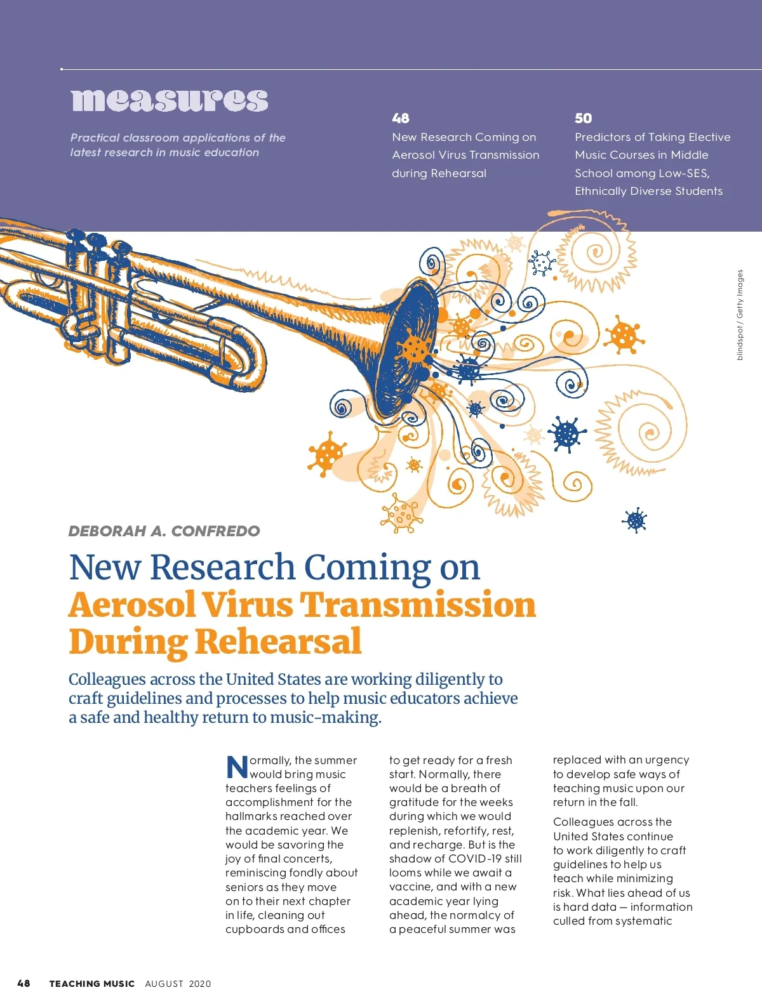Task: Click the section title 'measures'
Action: point(169,100)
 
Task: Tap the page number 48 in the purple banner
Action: point(401,118)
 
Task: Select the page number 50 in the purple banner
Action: point(583,118)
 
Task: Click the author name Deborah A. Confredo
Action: point(164,531)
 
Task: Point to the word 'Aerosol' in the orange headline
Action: point(131,605)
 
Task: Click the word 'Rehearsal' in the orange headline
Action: point(278,642)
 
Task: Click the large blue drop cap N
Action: point(237,767)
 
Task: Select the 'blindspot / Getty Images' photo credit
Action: point(740,315)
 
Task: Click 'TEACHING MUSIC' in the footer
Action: point(92,984)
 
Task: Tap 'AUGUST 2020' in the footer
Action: point(178,984)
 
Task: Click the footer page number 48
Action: point(23,984)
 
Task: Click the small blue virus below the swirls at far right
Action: point(635,520)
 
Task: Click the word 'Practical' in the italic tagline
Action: point(95,138)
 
